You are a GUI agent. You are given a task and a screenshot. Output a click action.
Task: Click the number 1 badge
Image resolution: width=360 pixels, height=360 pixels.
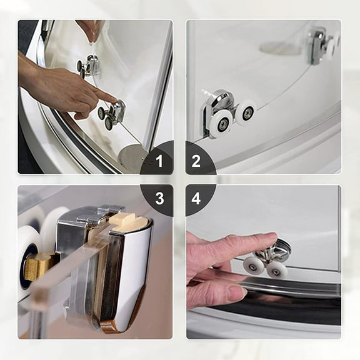[x=159, y=162]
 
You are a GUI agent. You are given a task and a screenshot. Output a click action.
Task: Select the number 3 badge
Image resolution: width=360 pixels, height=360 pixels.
[x=159, y=198]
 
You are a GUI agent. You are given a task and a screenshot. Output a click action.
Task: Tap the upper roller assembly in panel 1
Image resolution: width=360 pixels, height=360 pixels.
[x=89, y=65]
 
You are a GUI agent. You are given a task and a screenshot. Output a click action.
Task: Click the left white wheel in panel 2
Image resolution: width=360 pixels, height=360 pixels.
[x=221, y=122]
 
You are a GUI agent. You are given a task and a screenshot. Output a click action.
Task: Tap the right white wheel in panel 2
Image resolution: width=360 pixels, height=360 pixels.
[x=246, y=113]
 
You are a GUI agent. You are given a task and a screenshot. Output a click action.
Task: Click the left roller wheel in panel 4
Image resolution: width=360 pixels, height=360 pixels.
[x=254, y=265]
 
